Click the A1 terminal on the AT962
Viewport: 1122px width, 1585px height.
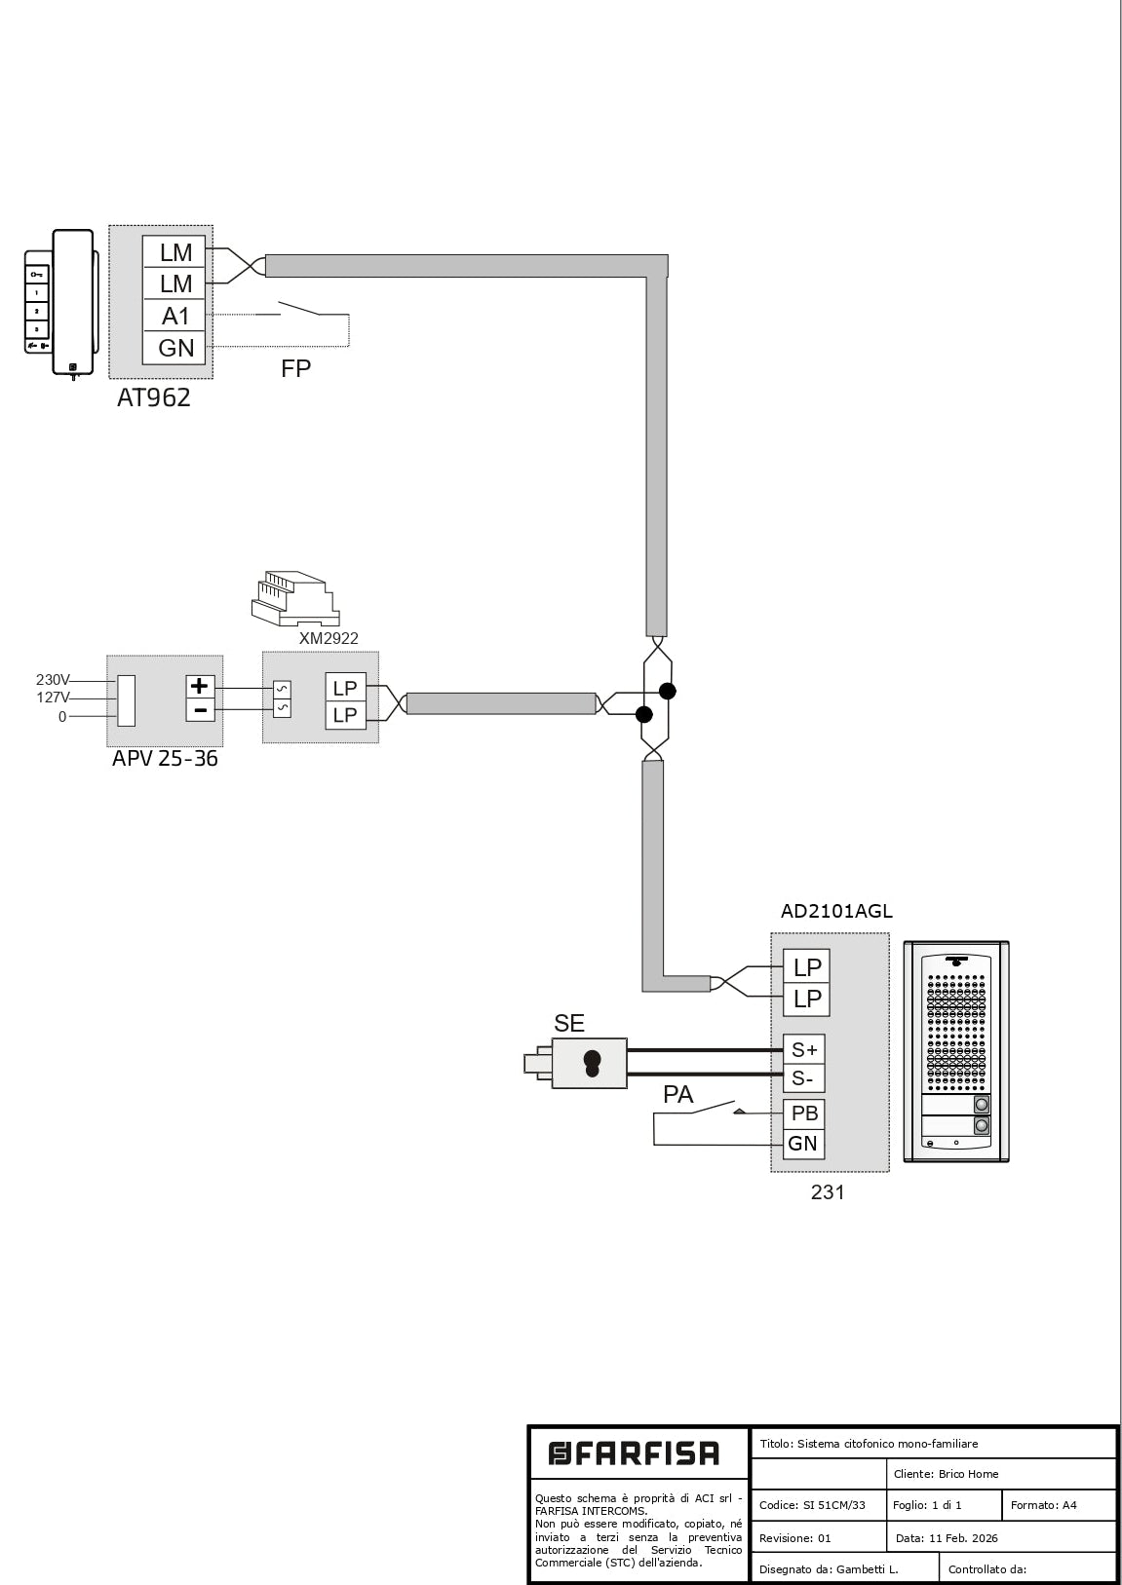point(175,316)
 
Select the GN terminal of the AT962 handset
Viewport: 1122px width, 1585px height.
point(175,348)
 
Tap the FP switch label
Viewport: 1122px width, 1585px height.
point(295,368)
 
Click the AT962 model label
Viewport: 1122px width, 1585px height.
point(154,397)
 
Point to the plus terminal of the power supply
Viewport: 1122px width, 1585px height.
point(200,686)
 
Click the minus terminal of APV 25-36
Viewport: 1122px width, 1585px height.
point(200,710)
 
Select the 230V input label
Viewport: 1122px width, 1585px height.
point(53,680)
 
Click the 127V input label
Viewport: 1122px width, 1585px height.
point(53,698)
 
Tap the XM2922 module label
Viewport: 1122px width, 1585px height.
point(329,639)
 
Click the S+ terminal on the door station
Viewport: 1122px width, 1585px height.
point(804,1049)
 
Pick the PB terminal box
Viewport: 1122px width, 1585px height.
point(804,1113)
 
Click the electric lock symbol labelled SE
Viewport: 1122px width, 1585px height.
point(590,1063)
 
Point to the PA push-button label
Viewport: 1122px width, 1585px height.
point(677,1095)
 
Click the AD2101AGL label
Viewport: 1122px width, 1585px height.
point(836,912)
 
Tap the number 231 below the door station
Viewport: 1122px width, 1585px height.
point(828,1191)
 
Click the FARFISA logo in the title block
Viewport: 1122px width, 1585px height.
point(635,1454)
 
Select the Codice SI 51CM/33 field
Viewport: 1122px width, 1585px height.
point(812,1505)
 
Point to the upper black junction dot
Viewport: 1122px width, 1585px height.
point(668,691)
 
